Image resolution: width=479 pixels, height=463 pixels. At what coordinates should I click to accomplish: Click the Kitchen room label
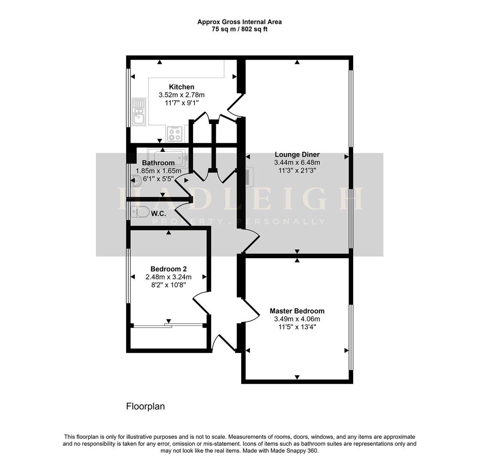click(x=181, y=87)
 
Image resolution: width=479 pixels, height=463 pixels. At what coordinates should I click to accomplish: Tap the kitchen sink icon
click(x=139, y=111)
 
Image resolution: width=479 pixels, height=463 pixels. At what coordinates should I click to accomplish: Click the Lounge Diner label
click(x=297, y=155)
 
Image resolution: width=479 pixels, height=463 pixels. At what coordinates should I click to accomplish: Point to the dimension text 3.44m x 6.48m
click(x=297, y=163)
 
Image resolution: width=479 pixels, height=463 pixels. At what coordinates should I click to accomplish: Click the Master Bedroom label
click(x=297, y=311)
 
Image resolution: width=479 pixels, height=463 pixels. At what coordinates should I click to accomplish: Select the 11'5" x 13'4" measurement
click(x=297, y=327)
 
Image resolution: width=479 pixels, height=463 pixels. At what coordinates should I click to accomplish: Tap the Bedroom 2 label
click(x=168, y=269)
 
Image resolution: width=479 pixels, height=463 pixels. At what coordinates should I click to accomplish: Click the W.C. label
click(x=158, y=213)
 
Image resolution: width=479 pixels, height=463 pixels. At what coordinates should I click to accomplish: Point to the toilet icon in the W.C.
click(x=140, y=211)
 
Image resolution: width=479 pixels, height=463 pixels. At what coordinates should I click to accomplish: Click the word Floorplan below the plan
click(x=145, y=406)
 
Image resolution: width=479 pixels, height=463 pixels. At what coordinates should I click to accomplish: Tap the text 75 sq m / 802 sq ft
click(x=240, y=29)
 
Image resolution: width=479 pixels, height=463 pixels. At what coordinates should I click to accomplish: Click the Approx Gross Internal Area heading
click(x=240, y=22)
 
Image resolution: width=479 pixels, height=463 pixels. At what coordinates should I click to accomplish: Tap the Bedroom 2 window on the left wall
click(x=128, y=276)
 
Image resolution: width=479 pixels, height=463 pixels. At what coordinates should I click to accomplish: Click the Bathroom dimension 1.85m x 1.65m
click(x=158, y=171)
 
